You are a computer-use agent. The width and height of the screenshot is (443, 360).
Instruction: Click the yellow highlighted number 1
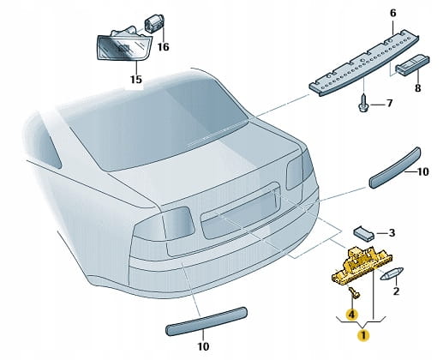(363, 335)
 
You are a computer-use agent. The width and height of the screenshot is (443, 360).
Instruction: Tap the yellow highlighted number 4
(351, 315)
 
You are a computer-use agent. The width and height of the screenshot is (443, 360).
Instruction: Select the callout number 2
(396, 291)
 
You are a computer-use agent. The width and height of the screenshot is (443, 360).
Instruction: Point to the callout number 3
(392, 232)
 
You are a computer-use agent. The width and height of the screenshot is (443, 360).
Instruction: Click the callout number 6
(393, 13)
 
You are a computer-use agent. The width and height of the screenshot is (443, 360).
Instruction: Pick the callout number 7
(390, 103)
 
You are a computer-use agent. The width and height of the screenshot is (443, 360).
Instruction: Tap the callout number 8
(417, 87)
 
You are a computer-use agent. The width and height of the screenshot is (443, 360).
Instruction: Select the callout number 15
(136, 79)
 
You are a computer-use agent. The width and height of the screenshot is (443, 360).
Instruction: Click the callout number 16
(164, 46)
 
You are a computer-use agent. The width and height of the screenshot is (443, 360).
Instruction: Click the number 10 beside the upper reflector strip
(423, 171)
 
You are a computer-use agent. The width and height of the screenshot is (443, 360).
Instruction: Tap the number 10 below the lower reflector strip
(203, 346)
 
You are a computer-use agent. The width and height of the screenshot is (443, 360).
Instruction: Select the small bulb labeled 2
(392, 273)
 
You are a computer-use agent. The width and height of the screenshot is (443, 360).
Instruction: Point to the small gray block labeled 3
(364, 233)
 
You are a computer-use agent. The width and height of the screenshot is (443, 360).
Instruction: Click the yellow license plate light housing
(362, 266)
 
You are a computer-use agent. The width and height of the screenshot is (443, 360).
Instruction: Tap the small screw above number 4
(354, 293)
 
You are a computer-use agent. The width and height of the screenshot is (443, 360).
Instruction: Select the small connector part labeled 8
(412, 65)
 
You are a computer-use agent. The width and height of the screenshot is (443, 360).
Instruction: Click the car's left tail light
(163, 225)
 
